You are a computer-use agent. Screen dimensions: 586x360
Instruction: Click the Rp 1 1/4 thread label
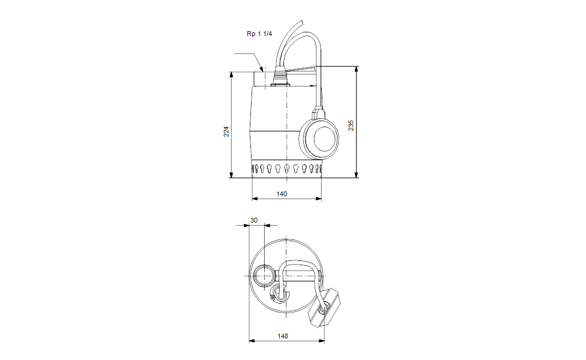tap(259, 34)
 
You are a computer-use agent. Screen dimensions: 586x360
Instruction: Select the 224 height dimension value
tap(226, 132)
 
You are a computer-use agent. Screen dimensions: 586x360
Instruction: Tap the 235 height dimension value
tap(351, 125)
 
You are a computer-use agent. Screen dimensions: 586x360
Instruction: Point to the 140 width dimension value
tap(282, 194)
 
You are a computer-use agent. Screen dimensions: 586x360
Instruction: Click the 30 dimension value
tap(254, 220)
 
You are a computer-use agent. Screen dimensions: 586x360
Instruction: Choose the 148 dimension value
tap(283, 336)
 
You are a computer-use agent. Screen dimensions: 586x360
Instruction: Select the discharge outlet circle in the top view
tap(265, 276)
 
